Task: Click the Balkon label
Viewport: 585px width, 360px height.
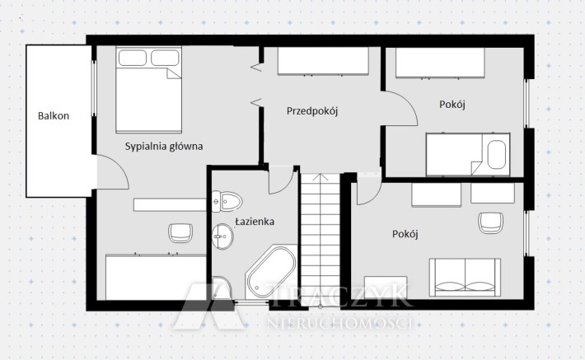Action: coord(54,115)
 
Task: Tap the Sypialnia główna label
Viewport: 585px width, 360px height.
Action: coord(164,147)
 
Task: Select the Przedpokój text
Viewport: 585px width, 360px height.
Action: coord(312,110)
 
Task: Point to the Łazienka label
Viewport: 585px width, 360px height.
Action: coord(255,222)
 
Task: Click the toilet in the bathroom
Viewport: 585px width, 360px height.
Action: coord(227,202)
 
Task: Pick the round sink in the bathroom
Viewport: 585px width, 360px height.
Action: coord(222,236)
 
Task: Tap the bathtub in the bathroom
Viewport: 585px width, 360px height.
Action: coord(271,272)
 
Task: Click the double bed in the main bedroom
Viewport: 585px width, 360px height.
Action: coord(148,90)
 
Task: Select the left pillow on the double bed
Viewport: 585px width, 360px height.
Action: coord(133,58)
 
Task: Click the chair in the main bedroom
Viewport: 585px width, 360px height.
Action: coord(180,233)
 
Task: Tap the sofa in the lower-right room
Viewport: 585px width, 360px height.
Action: coord(465,277)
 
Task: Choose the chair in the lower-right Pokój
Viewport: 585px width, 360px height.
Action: coord(491,222)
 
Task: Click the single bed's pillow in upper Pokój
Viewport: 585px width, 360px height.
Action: coord(497,154)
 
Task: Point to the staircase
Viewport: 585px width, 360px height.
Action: coord(321,238)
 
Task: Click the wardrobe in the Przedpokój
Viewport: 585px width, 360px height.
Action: coord(323,61)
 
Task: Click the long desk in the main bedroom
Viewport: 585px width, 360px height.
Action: coord(170,205)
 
